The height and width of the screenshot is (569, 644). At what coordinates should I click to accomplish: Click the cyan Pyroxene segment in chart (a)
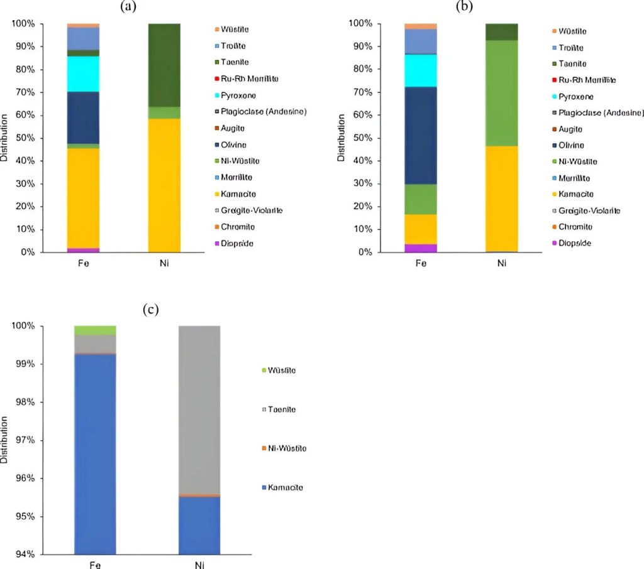(84, 73)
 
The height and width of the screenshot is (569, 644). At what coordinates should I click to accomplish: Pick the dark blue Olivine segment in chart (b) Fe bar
(421, 135)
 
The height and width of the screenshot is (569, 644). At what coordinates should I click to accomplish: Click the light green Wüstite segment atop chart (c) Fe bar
(95, 330)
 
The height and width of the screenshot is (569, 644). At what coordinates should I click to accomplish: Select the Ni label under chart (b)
(502, 263)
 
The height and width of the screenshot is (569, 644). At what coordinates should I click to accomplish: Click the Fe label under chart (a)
(84, 263)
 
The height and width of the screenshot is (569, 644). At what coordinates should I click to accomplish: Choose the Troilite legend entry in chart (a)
(235, 46)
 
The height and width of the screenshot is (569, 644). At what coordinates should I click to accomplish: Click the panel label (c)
(150, 310)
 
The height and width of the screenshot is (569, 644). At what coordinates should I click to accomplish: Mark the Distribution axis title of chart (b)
(341, 138)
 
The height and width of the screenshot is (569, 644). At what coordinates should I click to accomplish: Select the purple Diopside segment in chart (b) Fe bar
(421, 248)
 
